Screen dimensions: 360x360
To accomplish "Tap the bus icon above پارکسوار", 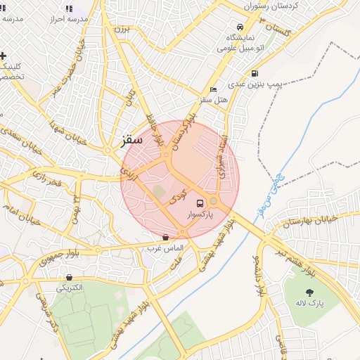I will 201,202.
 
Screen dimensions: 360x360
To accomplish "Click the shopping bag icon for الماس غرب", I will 165,238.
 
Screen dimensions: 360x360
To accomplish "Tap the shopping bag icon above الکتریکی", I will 68,277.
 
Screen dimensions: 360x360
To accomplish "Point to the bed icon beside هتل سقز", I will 214,89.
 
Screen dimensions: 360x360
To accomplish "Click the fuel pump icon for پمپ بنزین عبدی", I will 254,73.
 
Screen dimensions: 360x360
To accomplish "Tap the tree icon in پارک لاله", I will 310,292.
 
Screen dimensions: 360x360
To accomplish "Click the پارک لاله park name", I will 310,302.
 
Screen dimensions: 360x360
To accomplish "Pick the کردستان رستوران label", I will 271,6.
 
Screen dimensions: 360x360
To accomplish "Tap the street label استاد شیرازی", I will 223,156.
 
